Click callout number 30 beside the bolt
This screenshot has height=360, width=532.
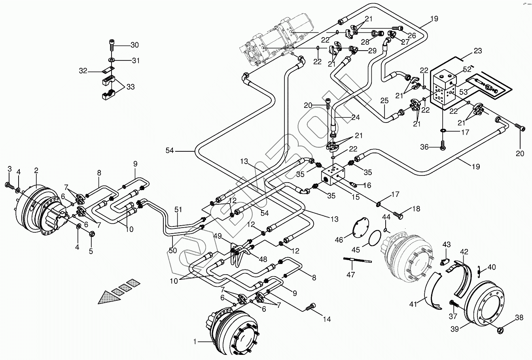135,45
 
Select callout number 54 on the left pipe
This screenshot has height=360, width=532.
170,150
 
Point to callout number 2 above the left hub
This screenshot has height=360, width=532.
36,171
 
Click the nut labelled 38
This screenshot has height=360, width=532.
499,329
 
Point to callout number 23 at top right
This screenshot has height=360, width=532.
478,51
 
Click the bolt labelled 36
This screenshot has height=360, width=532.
443,147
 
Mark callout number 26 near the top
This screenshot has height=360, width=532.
411,36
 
